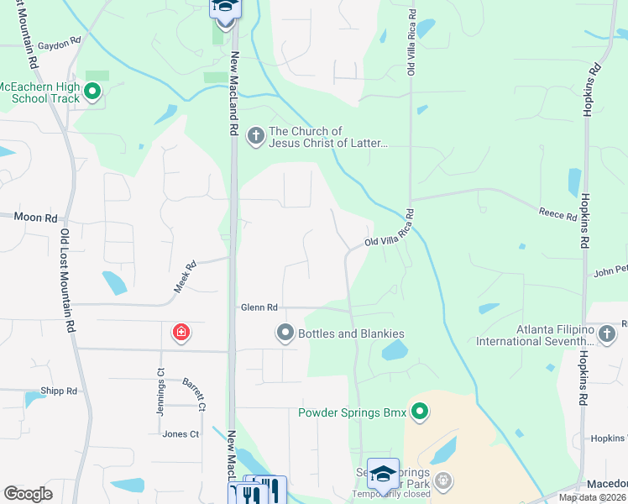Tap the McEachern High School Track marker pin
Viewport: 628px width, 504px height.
pyautogui.click(x=92, y=92)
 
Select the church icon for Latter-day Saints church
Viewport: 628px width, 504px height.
pyautogui.click(x=256, y=136)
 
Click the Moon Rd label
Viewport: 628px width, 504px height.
pyautogui.click(x=34, y=217)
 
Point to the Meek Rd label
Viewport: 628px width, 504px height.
pyautogui.click(x=185, y=277)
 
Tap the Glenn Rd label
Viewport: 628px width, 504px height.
pyautogui.click(x=259, y=308)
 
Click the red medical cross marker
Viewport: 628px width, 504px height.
pyautogui.click(x=181, y=333)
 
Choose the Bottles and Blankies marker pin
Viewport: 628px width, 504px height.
pyautogui.click(x=285, y=333)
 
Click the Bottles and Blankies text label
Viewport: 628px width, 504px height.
pyautogui.click(x=353, y=333)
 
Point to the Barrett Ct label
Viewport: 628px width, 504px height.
pyautogui.click(x=195, y=394)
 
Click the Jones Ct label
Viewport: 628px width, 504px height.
pyautogui.click(x=181, y=434)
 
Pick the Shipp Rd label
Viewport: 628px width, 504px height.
pyautogui.click(x=59, y=391)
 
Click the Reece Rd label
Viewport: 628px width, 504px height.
pyautogui.click(x=557, y=216)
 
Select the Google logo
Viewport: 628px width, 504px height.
pyautogui.click(x=28, y=494)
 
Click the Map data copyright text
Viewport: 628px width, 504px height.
pyautogui.click(x=593, y=497)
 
